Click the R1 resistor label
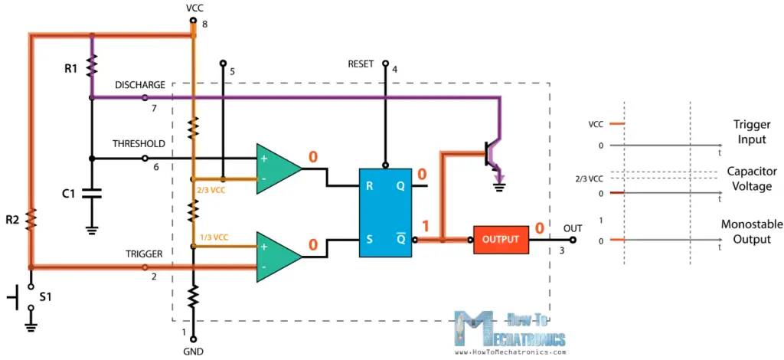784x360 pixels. click(x=71, y=69)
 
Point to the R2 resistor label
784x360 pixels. click(x=12, y=220)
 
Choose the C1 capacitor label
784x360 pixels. click(x=69, y=194)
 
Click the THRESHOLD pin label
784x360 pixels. click(x=139, y=143)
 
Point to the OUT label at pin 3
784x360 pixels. click(x=573, y=228)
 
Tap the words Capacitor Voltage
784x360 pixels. click(x=751, y=179)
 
